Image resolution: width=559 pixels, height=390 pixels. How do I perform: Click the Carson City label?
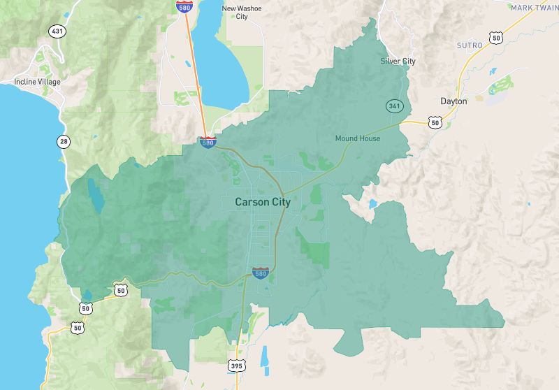[262, 202]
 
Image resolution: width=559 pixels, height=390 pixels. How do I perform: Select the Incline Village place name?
[37, 82]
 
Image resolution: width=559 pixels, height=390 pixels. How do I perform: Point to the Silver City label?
[398, 62]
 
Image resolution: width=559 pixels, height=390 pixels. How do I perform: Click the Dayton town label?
[453, 101]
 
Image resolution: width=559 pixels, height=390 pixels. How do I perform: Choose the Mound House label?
[357, 138]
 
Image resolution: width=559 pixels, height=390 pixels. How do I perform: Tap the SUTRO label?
[470, 45]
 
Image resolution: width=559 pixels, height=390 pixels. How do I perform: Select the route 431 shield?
[55, 31]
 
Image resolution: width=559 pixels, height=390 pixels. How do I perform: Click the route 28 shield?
[64, 142]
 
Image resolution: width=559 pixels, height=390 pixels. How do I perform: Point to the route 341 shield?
[393, 106]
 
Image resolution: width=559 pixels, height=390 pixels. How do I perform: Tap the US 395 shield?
[236, 365]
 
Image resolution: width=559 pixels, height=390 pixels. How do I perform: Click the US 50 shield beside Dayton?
[435, 122]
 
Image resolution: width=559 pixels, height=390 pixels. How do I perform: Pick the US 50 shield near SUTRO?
[495, 38]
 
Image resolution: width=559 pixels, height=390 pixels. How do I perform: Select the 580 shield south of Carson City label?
[260, 273]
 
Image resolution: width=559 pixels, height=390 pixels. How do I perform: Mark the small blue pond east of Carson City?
[372, 205]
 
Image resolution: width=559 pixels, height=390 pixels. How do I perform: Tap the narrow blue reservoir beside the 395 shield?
[263, 357]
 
